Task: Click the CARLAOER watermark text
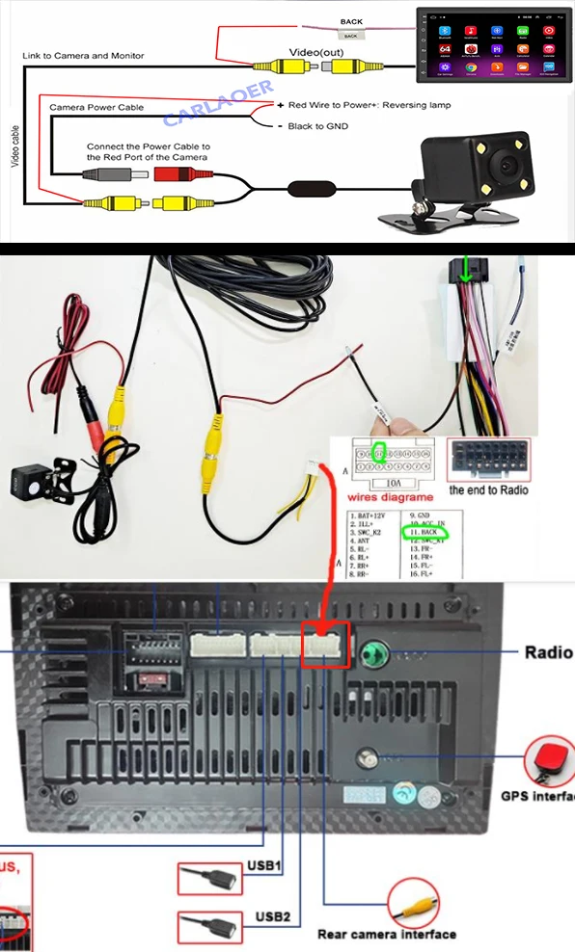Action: click(218, 105)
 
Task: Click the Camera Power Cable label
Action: click(96, 108)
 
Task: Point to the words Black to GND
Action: click(318, 126)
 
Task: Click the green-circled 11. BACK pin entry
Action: click(425, 532)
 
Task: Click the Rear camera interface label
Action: click(386, 934)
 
